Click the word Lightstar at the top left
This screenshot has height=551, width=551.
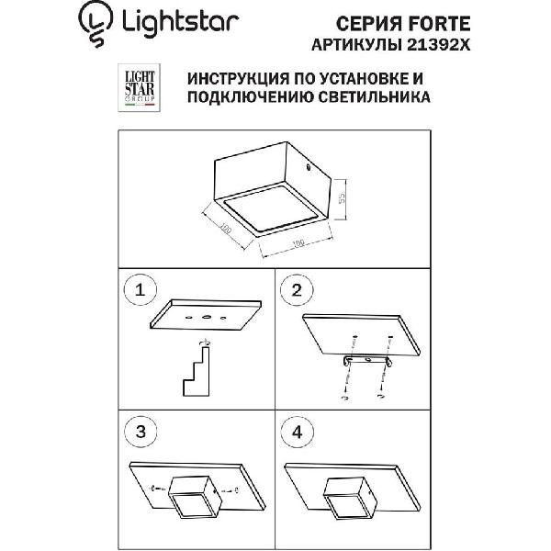click(180, 23)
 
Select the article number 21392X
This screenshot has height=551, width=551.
click(438, 45)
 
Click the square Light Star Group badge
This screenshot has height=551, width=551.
click(139, 87)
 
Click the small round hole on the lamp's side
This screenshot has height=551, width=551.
click(308, 168)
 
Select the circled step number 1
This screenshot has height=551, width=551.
click(140, 290)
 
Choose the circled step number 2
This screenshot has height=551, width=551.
click(297, 290)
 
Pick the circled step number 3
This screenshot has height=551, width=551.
click(141, 432)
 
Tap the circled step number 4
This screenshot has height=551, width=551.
click(297, 432)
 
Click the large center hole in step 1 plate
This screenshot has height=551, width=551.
click(206, 318)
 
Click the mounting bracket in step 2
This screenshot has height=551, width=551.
click(367, 361)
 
